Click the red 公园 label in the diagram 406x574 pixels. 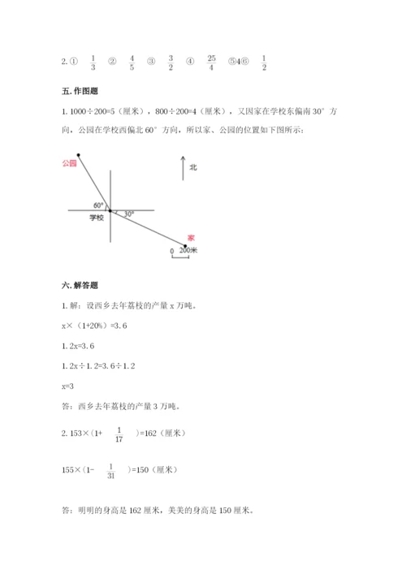[69, 163]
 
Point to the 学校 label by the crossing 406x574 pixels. [97, 218]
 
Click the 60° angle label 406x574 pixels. [99, 205]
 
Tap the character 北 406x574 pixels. [193, 168]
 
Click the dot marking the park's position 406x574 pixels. [79, 153]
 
